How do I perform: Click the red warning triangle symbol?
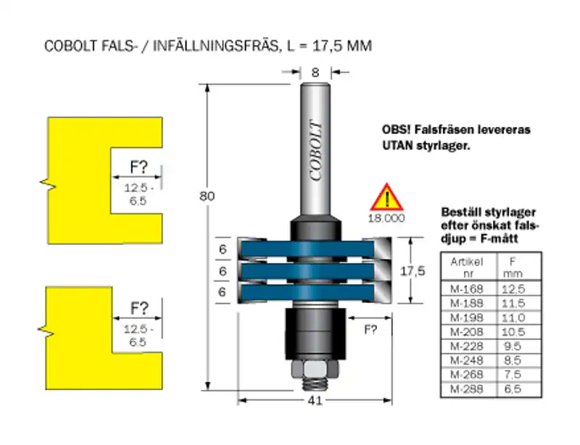386,197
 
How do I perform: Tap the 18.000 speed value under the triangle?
386,217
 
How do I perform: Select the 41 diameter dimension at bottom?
314,400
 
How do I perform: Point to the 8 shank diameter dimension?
315,72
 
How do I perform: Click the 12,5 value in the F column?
513,288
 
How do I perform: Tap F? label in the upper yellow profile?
138,167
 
